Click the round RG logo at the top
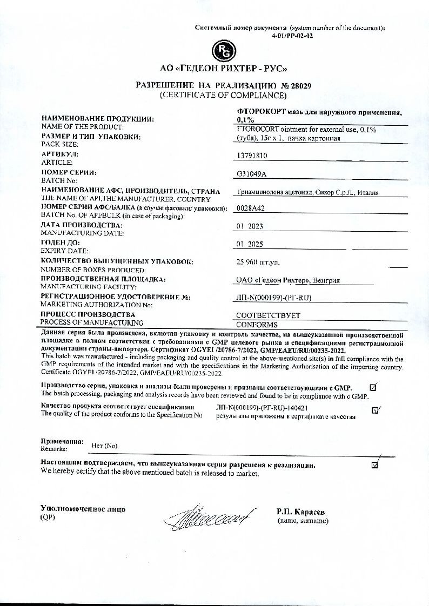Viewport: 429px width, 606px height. coord(224,52)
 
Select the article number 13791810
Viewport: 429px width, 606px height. coord(252,156)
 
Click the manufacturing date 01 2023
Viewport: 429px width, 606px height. coord(250,226)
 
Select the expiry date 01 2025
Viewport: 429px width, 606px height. coord(250,244)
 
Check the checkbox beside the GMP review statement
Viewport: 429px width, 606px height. coord(373,387)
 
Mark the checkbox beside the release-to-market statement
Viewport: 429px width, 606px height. coord(375,464)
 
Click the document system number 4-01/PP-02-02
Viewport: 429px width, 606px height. coord(292,36)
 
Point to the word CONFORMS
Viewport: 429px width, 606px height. coord(257,325)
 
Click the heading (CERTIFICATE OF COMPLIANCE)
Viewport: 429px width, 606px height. coord(223,96)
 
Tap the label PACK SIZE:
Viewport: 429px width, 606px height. coord(59,144)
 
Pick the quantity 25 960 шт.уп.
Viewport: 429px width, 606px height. coord(258,262)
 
